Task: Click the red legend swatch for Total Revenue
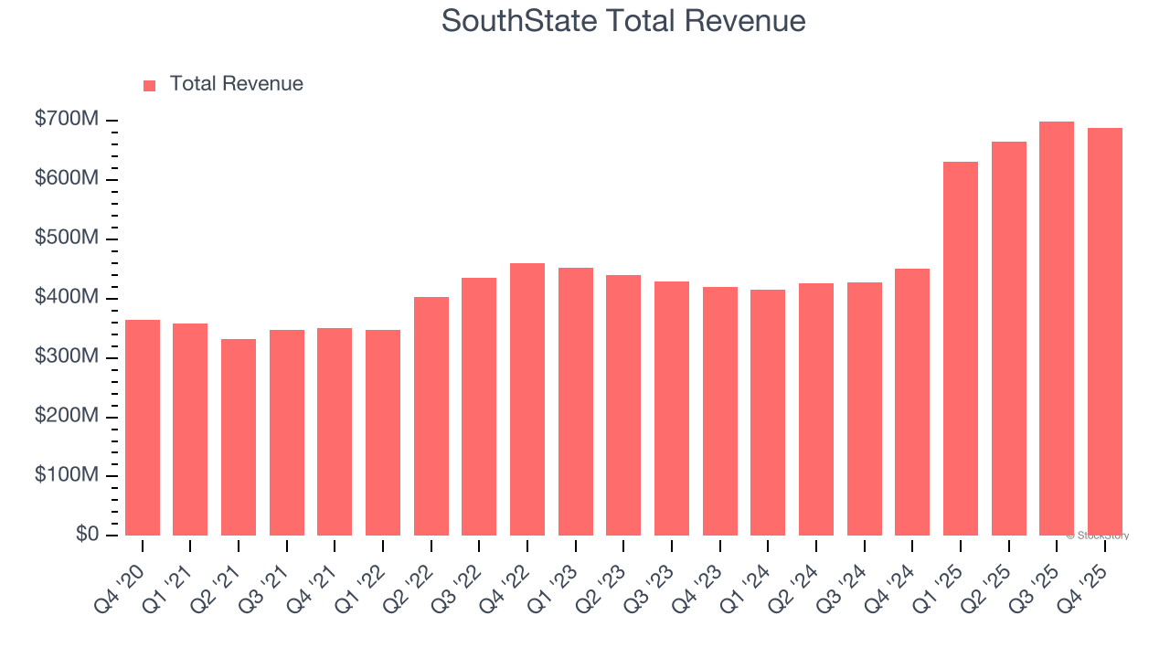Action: [x=150, y=85]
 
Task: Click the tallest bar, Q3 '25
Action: [x=1057, y=329]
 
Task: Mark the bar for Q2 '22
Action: [x=431, y=416]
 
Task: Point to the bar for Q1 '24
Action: [x=768, y=412]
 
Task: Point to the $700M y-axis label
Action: [x=67, y=120]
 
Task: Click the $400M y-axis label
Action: [x=67, y=298]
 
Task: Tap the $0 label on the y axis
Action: [x=87, y=535]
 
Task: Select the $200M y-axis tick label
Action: [x=67, y=416]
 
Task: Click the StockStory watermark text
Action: [x=1098, y=536]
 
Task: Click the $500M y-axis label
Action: [x=67, y=239]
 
